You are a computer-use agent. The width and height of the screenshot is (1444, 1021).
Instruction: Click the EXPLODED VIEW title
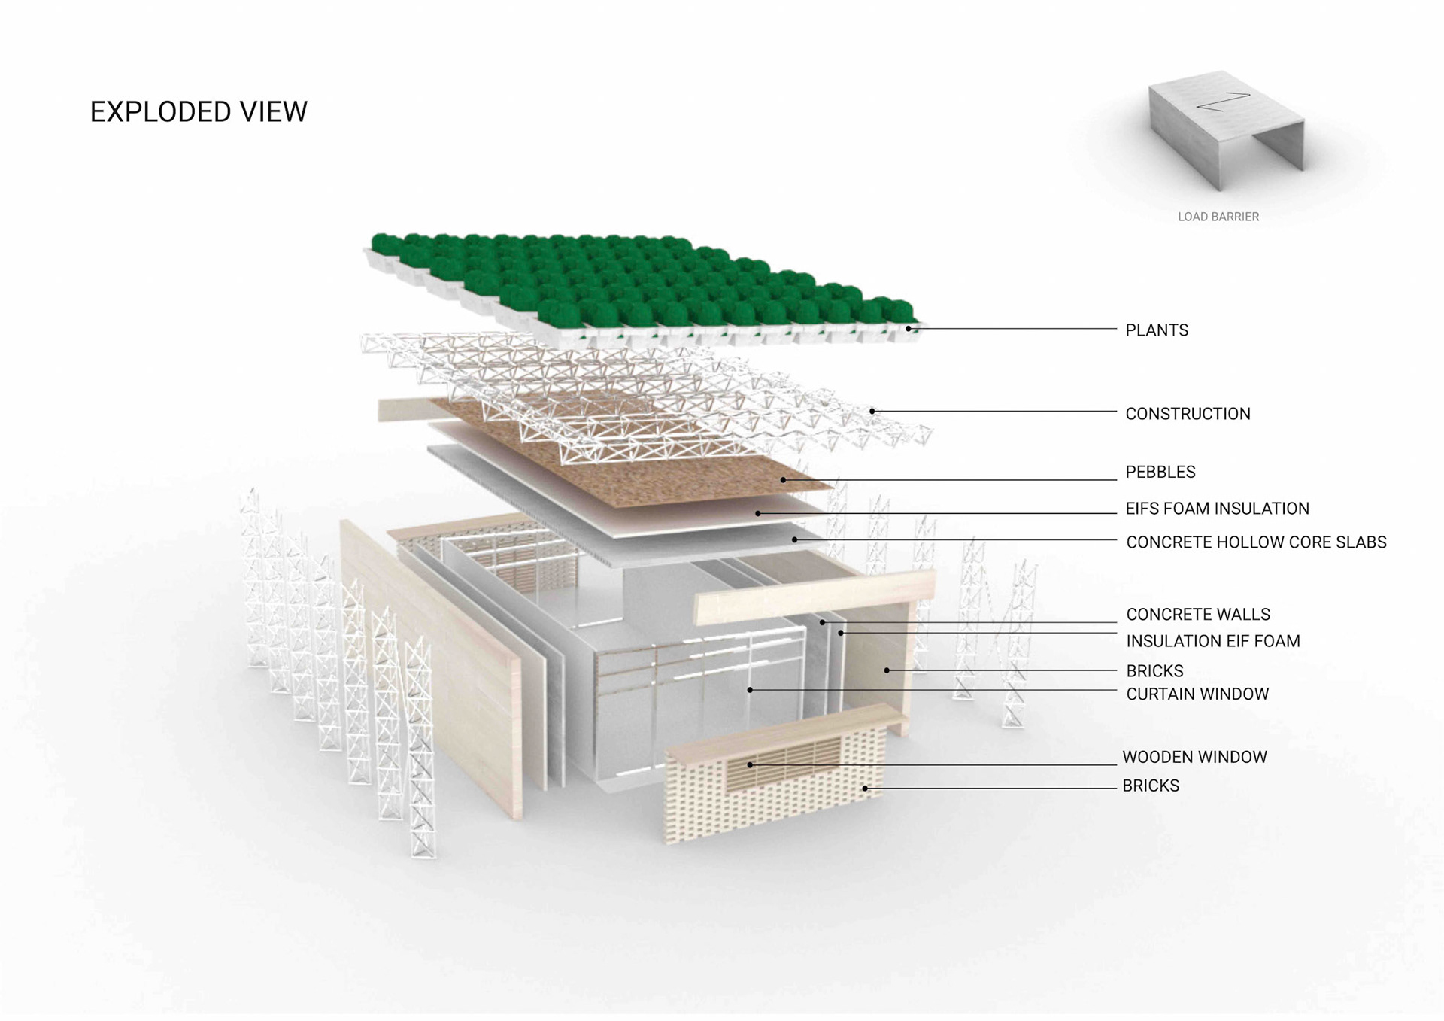199,112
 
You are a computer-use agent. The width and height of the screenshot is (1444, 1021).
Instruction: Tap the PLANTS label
1156,330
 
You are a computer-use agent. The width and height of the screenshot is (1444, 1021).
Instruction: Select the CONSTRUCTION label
1188,414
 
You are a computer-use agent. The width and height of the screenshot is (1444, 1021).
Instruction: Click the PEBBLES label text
1160,473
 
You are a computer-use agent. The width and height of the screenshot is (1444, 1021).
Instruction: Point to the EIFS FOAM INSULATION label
1217,509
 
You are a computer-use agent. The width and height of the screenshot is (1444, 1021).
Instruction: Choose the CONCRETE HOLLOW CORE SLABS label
1256,542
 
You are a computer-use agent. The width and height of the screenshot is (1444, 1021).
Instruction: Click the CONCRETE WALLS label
1197,615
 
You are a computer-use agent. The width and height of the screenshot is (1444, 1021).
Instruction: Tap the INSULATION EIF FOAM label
1212,641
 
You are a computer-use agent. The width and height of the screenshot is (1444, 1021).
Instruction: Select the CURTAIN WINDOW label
1197,694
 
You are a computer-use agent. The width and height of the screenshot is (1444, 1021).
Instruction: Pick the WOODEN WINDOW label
1194,757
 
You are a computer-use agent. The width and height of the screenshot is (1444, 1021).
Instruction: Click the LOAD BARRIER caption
1218,217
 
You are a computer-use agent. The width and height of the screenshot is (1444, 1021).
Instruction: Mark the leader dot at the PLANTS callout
909,329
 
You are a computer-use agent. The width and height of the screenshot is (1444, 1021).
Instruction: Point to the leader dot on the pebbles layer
783,480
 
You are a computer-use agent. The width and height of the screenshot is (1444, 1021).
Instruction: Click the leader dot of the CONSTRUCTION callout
872,412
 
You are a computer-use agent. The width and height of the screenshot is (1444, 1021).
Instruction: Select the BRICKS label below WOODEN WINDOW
1150,786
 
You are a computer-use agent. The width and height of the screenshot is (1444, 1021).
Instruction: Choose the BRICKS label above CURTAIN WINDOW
1154,671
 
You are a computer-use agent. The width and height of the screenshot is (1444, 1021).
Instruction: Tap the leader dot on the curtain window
750,690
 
